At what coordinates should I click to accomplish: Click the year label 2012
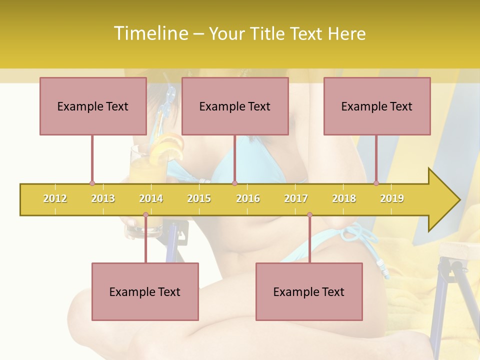click(55, 198)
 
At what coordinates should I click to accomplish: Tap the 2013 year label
click(103, 198)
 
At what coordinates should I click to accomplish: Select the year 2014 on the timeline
click(151, 198)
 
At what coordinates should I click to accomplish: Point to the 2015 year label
click(199, 198)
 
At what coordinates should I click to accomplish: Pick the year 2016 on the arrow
click(248, 198)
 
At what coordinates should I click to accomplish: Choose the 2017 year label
click(296, 198)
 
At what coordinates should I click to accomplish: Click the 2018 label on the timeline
click(344, 198)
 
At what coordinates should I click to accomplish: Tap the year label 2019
click(392, 198)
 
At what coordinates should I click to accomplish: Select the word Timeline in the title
click(149, 33)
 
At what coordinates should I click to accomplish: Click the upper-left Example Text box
click(93, 106)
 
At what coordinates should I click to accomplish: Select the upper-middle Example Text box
click(235, 106)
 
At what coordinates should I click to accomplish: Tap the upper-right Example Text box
click(377, 106)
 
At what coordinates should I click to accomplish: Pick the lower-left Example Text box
click(145, 291)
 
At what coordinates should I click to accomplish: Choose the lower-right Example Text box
click(309, 291)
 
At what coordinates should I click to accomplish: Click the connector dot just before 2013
click(92, 183)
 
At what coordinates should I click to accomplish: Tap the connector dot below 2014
click(145, 215)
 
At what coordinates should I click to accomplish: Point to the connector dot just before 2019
click(376, 183)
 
